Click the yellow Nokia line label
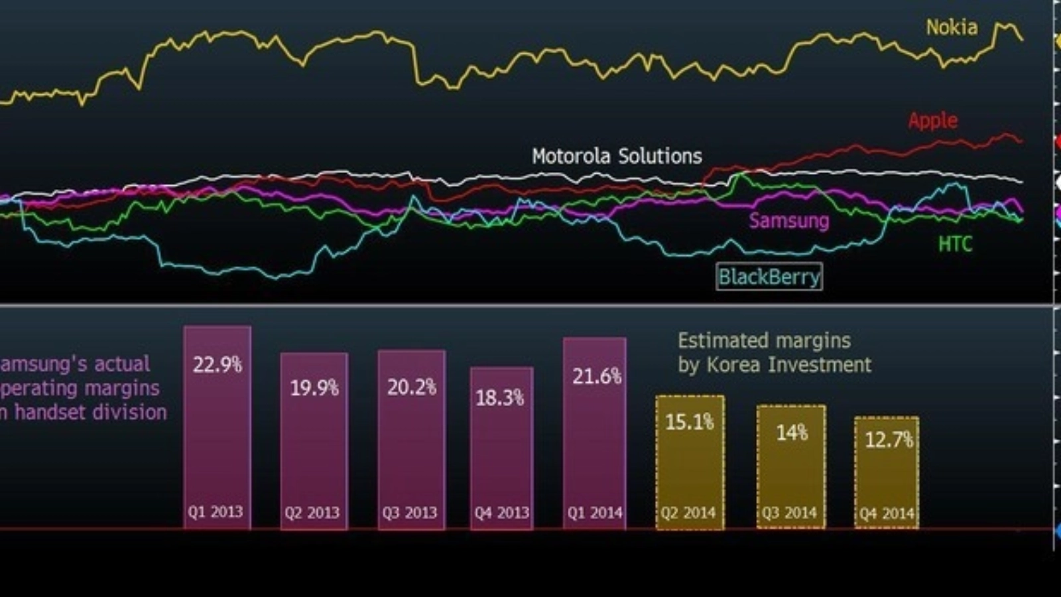point(952,27)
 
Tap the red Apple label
point(932,121)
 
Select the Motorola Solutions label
point(617,157)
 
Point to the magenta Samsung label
point(788,220)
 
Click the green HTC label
point(955,245)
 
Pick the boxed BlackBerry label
point(769,277)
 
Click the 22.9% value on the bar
point(218,365)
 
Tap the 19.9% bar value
point(314,388)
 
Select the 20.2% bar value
point(412,387)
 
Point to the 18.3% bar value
point(500,398)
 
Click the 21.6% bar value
point(597,377)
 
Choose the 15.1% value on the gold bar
point(690,422)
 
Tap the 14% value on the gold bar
point(792,433)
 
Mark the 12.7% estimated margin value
point(889,440)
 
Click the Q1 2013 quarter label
point(215,512)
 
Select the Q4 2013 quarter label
point(501,513)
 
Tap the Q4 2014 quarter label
point(887,513)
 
